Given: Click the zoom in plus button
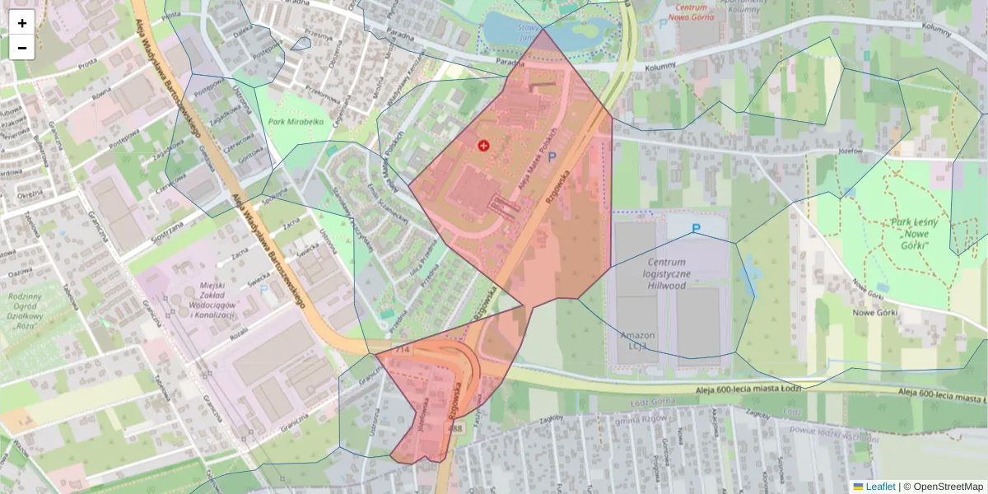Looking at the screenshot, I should [22, 23].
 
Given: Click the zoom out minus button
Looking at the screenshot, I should [22, 48].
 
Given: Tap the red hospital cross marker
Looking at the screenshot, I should [483, 145].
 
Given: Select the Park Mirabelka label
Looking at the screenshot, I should [296, 122].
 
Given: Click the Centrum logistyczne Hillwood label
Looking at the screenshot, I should [667, 273].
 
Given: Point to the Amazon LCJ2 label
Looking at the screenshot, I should [637, 342].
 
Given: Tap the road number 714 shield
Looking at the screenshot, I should [403, 350].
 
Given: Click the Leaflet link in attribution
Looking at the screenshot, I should [879, 487].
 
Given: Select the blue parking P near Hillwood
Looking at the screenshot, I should [697, 228].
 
